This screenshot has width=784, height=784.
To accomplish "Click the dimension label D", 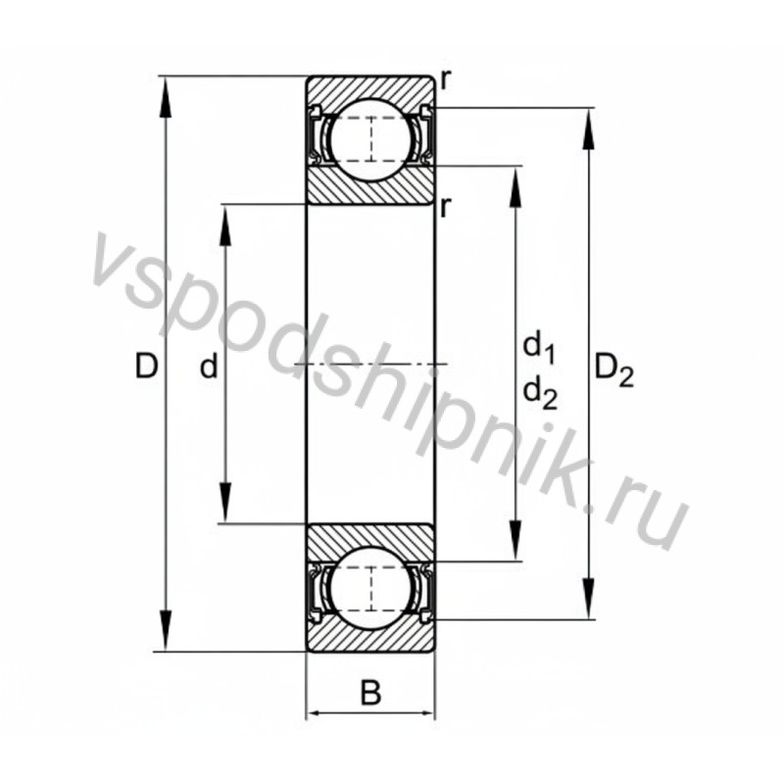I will (x=147, y=367).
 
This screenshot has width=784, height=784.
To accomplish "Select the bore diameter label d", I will (x=208, y=367).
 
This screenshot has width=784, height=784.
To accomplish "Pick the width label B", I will (x=370, y=694).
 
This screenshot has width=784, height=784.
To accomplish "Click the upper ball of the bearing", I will (x=370, y=138).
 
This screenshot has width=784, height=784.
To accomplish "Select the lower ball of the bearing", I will (x=370, y=589).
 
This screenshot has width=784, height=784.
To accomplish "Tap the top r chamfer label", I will (x=446, y=80).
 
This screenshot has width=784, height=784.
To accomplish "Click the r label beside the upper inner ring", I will (x=446, y=206).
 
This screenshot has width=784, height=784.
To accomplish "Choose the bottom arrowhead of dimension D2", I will (x=589, y=604).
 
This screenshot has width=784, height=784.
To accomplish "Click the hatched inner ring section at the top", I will (x=370, y=186).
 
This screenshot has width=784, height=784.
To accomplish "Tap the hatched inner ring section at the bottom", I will (x=370, y=540).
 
